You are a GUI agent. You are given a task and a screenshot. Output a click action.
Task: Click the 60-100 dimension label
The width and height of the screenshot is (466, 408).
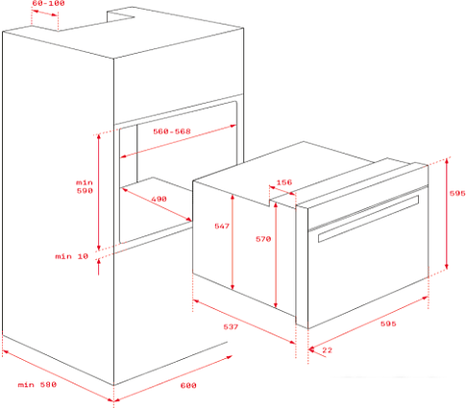tap(48, 3)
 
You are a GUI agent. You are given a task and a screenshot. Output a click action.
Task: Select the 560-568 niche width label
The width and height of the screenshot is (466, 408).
tap(172, 132)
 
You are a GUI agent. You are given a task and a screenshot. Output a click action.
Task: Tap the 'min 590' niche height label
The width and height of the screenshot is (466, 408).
tap(85, 186)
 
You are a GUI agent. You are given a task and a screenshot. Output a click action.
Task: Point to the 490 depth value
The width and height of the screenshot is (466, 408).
tap(159, 199)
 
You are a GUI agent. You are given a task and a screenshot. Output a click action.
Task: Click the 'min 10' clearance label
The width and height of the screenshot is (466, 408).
tap(71, 256)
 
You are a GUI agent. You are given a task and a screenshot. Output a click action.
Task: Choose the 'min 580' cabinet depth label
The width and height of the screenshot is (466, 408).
tap(37, 384)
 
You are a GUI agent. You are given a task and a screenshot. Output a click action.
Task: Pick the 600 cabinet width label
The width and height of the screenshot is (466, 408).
tap(188, 385)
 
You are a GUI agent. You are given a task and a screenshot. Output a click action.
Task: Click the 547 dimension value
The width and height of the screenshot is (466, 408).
tap(222, 227)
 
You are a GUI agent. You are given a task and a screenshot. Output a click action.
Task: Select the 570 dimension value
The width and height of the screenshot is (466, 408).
tap(263, 239)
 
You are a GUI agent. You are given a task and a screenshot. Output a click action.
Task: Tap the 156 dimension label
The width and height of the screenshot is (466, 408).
tap(284, 182)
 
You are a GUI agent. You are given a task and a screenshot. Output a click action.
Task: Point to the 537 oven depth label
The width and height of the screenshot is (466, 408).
tap(231, 326)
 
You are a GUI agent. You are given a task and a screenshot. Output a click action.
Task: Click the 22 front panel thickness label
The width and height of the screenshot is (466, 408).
tap(327, 350)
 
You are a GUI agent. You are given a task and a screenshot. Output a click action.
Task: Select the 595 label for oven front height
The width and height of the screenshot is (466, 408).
tap(457, 193)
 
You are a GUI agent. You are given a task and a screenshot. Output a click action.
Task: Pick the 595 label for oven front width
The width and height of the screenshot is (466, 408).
tap(388, 324)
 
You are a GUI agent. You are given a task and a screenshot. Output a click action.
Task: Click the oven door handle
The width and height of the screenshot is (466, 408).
tap(368, 219)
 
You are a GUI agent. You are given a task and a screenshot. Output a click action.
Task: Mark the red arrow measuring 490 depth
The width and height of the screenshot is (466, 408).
tap(157, 204)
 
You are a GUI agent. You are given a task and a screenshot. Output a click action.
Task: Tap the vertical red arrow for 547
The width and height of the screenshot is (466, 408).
tap(233, 242)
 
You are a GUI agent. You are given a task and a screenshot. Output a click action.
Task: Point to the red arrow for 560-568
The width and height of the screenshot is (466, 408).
tap(179, 141)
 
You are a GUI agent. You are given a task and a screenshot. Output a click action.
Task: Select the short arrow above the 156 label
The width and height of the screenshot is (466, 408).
tap(282, 190)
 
